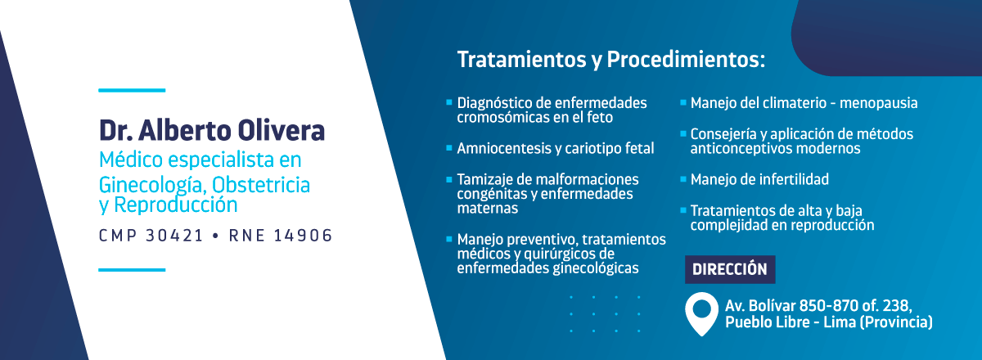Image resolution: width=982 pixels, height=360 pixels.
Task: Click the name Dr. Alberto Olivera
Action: pyautogui.click(x=212, y=130)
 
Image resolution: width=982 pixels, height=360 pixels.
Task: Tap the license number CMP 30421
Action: pyautogui.click(x=151, y=236)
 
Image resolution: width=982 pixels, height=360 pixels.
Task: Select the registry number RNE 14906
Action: pyautogui.click(x=281, y=236)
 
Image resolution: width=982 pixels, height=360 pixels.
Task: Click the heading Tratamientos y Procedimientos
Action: pyautogui.click(x=611, y=60)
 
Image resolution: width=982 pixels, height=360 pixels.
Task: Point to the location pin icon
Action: pyautogui.click(x=701, y=313)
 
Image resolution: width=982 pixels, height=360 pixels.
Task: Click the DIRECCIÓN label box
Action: pyautogui.click(x=730, y=269)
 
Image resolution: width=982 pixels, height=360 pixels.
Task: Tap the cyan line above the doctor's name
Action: pyautogui.click(x=132, y=90)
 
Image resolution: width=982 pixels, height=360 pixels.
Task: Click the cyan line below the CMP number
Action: pyautogui.click(x=132, y=270)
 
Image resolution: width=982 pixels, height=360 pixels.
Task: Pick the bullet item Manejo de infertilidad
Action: pyautogui.click(x=759, y=179)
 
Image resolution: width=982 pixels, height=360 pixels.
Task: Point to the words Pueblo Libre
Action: pyautogui.click(x=768, y=322)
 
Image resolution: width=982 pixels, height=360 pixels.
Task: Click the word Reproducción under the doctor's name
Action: pyautogui.click(x=175, y=205)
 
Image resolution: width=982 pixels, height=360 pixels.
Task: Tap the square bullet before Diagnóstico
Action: pyautogui.click(x=449, y=102)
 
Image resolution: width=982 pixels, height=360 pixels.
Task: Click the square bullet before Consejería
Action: pyautogui.click(x=682, y=133)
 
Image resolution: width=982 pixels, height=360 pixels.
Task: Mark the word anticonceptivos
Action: pyautogui.click(x=741, y=149)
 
